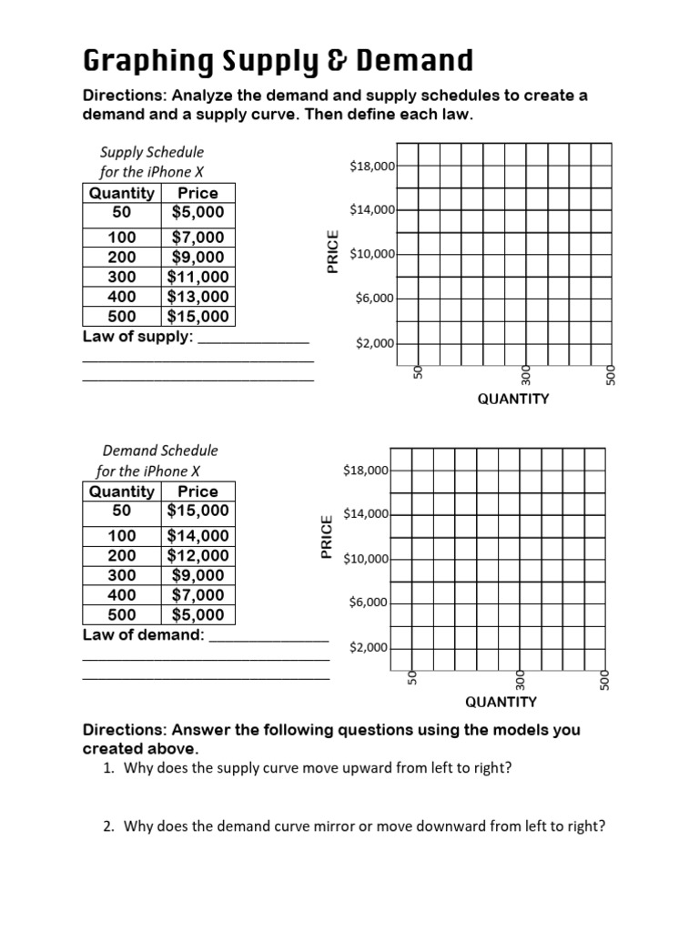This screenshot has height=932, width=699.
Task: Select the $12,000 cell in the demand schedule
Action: pos(198,555)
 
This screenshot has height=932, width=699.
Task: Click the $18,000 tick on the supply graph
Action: pos(371,166)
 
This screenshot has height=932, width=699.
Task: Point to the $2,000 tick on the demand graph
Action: pos(368,648)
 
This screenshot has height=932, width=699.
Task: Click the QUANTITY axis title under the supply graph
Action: pos(513,399)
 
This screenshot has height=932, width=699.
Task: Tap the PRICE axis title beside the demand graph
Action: pos(326,536)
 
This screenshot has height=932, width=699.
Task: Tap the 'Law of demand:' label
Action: pos(144,634)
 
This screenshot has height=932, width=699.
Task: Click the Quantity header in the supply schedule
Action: pos(122,193)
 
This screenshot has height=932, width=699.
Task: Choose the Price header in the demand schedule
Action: pos(198,491)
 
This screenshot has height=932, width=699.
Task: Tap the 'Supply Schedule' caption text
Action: pos(151,152)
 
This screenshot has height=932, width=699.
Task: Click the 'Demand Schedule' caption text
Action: pos(160,451)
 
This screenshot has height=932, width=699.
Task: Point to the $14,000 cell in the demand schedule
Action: pos(198,535)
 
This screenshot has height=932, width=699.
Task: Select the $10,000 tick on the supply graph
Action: pos(371,254)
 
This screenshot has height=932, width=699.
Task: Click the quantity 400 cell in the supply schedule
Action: pos(122,297)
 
